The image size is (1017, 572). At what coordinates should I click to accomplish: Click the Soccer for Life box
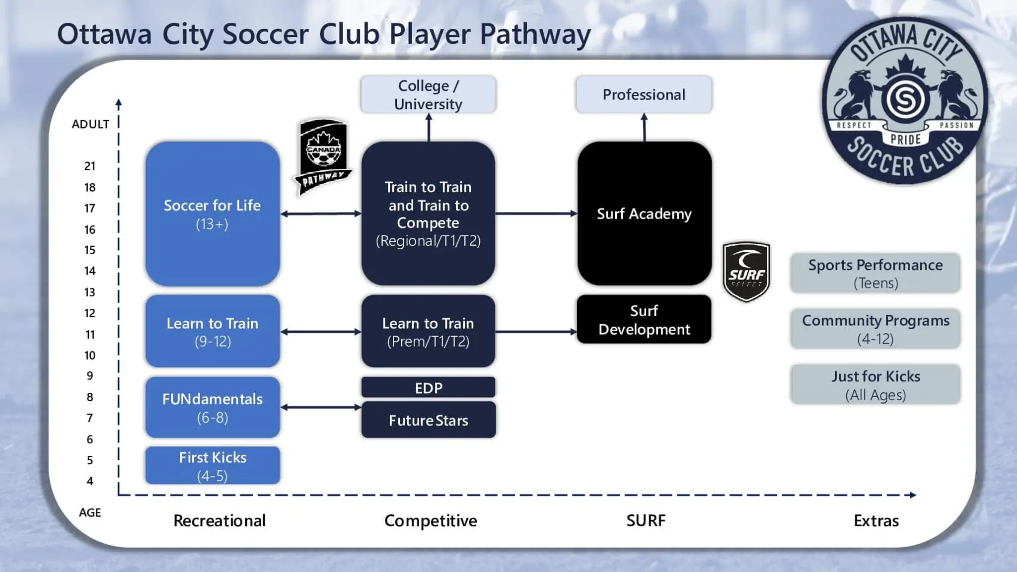tap(213, 214)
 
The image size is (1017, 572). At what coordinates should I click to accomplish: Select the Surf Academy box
tap(644, 214)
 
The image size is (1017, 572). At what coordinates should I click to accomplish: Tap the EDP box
tap(428, 388)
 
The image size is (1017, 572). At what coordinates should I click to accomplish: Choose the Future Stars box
tap(428, 420)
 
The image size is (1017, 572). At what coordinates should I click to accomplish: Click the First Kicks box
tap(213, 465)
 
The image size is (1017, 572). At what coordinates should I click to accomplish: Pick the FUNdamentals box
tap(213, 408)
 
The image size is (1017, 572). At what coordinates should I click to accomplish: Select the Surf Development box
tap(644, 320)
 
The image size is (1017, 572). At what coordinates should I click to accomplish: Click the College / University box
tap(428, 94)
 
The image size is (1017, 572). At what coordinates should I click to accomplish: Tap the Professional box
tap(644, 94)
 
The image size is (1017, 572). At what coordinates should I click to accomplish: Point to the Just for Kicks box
tap(875, 385)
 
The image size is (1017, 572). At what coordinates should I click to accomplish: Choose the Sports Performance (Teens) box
tap(875, 273)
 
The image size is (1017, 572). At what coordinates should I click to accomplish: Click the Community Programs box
tap(875, 329)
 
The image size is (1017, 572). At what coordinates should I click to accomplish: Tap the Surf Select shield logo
tap(746, 272)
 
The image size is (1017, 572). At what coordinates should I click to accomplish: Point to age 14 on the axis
tap(90, 271)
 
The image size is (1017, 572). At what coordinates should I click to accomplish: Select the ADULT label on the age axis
tap(90, 124)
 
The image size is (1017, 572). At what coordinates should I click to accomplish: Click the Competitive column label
tap(431, 520)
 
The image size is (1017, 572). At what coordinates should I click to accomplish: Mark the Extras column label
tap(876, 520)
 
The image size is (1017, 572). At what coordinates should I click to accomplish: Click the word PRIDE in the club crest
tap(905, 140)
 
